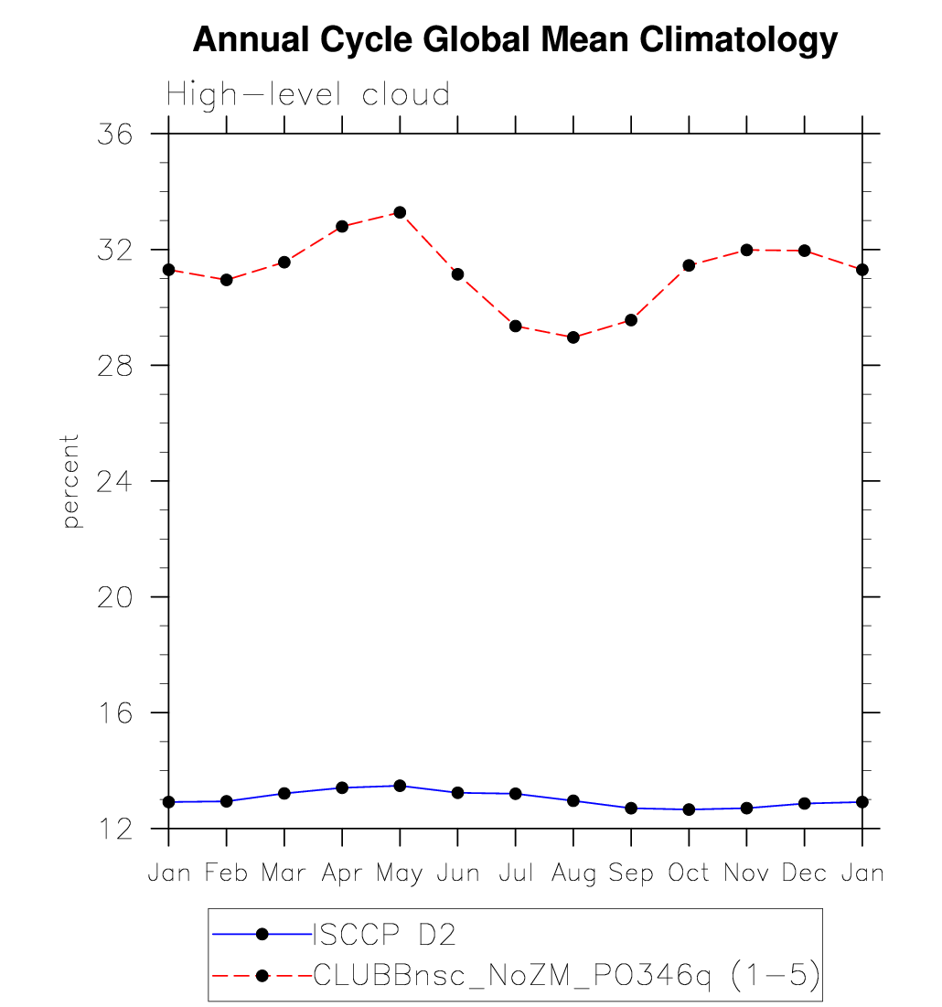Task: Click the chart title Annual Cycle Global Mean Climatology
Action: click(515, 40)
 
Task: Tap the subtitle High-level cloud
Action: click(308, 94)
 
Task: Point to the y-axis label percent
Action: click(71, 481)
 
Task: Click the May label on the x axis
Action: click(400, 874)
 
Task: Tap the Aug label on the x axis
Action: click(573, 873)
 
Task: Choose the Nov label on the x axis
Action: click(746, 873)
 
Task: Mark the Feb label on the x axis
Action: click(226, 873)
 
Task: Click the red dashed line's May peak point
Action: click(400, 212)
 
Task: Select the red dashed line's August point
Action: click(573, 337)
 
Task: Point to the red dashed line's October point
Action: click(689, 265)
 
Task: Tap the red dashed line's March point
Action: click(284, 262)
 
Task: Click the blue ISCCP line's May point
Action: click(400, 786)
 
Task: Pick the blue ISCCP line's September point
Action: click(631, 809)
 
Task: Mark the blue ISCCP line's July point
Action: click(516, 794)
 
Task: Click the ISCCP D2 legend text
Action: click(384, 934)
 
